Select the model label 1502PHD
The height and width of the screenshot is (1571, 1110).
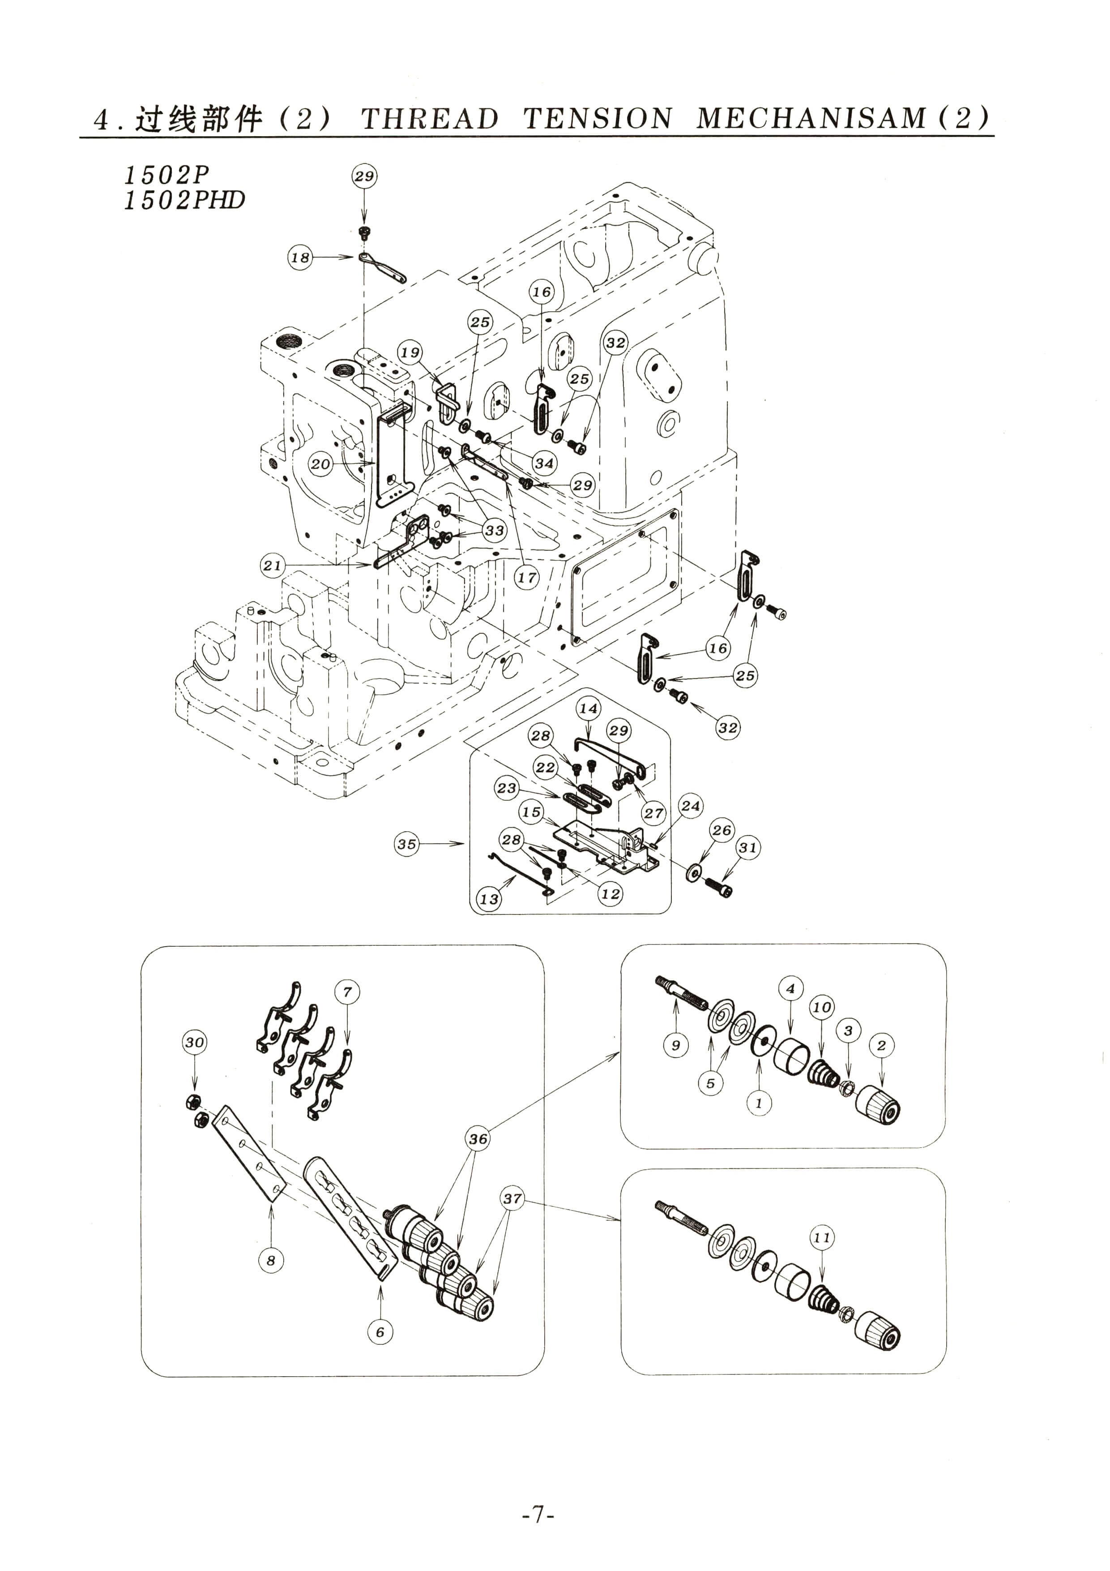(x=184, y=201)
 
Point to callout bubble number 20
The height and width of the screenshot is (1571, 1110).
(x=320, y=464)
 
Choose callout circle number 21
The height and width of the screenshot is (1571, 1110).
(x=272, y=565)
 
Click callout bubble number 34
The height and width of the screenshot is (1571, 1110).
(x=544, y=463)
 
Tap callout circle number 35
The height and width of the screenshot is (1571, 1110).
(x=407, y=844)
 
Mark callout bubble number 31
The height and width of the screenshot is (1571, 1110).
(x=747, y=848)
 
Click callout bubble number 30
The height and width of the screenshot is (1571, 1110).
(x=194, y=1042)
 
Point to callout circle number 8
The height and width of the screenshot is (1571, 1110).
(x=271, y=1260)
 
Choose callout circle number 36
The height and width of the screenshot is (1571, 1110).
(x=478, y=1138)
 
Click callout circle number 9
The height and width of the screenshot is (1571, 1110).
(x=676, y=1045)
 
